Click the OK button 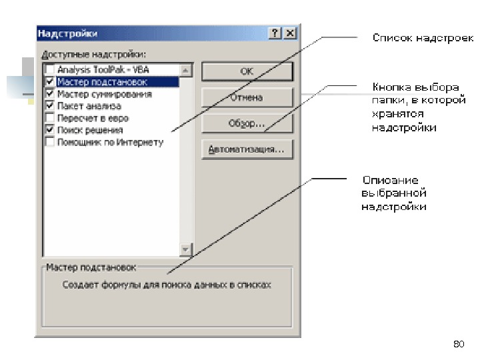247,71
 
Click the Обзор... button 247,124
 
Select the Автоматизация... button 247,149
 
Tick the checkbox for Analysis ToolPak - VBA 50,70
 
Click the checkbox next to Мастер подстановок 50,82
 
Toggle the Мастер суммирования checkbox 50,94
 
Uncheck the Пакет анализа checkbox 50,106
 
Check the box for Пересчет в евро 50,118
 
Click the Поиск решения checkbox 50,130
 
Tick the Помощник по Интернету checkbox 50,142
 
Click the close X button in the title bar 289,33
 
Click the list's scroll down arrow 186,249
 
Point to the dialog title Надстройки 67,33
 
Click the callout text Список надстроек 423,38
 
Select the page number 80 458,344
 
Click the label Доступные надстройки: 93,54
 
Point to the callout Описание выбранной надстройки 393,193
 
